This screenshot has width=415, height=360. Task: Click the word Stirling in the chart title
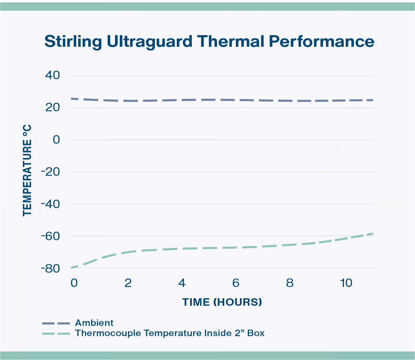73,42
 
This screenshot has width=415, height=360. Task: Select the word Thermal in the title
231,42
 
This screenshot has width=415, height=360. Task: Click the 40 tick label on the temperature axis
53,75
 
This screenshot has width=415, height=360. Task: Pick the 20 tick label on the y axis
53,107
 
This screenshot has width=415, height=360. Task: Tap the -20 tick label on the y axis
51,172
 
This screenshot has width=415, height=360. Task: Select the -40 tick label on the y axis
51,204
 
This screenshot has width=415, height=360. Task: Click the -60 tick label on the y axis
51,236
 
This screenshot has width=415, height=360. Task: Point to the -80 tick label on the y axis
51,268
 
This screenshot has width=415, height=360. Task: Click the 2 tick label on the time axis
128,283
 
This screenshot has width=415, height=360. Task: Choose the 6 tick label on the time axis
236,283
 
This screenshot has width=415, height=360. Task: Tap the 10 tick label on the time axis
346,283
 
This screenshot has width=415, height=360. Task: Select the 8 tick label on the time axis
290,283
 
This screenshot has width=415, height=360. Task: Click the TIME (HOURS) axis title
222,302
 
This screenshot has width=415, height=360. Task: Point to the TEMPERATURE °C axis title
27,170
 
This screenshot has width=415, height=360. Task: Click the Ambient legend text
94,323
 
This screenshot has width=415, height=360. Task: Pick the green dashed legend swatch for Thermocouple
56,333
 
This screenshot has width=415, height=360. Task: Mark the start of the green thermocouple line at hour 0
72,268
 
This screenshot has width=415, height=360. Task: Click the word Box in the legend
256,333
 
